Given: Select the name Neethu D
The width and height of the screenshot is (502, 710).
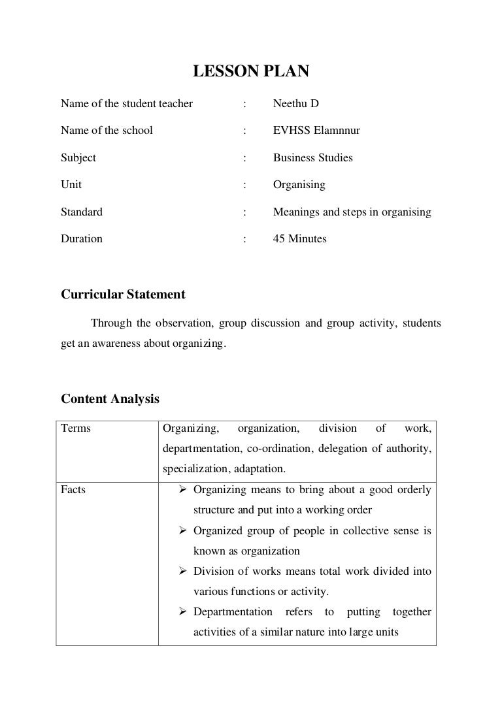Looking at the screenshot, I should [x=295, y=103].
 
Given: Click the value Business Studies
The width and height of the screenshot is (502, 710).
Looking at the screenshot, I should [x=312, y=157].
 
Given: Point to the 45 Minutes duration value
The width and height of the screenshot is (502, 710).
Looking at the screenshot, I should [x=299, y=238].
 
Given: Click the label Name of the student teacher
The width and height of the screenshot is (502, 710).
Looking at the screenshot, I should [x=127, y=103].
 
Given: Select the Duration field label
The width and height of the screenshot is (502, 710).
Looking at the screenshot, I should [x=82, y=238].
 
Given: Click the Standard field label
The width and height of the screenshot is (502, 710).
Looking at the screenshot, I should [x=82, y=212].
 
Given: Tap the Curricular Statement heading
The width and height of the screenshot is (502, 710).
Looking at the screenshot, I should [x=123, y=295].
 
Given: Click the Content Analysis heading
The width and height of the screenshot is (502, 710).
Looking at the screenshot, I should [x=110, y=398].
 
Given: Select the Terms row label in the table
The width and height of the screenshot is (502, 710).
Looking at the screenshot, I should [x=76, y=428].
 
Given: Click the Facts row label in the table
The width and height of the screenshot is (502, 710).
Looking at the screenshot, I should [x=73, y=489].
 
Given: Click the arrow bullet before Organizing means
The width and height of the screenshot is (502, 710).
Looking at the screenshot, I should [x=184, y=490].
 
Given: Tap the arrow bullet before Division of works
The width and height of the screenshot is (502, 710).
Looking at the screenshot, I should [x=184, y=572].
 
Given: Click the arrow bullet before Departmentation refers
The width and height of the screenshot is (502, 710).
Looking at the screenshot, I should [x=184, y=612].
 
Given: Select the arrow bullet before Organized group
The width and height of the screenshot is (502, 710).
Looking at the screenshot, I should [x=184, y=531].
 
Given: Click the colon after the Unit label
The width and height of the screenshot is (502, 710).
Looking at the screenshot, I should [x=244, y=185].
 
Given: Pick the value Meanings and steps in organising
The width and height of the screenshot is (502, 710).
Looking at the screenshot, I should [x=352, y=212].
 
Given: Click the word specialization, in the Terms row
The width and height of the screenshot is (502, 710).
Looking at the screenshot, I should [x=194, y=469].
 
